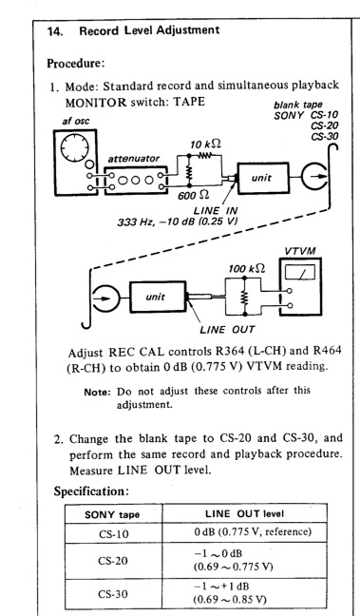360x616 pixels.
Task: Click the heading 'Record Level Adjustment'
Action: coord(149,30)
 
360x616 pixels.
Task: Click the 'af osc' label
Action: coord(75,121)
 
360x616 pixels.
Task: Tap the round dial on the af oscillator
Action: coord(75,147)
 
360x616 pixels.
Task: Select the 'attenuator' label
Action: coord(134,159)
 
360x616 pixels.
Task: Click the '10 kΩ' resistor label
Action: coord(205,144)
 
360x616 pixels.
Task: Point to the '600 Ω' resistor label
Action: coord(193,195)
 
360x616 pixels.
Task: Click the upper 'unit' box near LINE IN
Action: coord(263,178)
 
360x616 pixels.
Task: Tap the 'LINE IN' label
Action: coord(215,211)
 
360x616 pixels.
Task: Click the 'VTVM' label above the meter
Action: coord(300,251)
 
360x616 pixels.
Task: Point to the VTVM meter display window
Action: coord(300,272)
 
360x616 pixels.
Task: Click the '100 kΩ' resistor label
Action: coord(247,269)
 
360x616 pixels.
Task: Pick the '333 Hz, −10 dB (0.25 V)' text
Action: coord(178,221)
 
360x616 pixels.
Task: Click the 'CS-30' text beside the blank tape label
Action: coord(325,136)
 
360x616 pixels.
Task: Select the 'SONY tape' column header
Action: coord(112,514)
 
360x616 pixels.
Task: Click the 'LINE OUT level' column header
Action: coord(244,513)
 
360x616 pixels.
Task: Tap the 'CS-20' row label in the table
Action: coord(113,561)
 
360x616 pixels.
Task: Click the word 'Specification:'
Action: coord(91,491)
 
